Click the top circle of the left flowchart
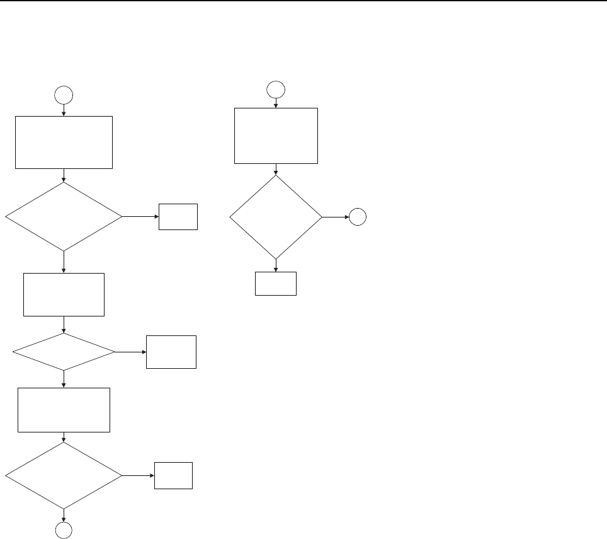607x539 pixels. tap(64, 95)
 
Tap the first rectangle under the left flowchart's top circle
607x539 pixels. tap(64, 142)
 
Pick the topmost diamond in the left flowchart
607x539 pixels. tap(64, 217)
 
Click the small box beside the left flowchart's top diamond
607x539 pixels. tap(178, 217)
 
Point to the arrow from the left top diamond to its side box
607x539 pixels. tap(140, 217)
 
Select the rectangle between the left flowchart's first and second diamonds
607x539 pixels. tap(64, 294)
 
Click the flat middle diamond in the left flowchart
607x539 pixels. tap(64, 352)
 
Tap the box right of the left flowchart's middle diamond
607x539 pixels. tap(171, 352)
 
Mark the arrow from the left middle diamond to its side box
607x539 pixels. tap(131, 352)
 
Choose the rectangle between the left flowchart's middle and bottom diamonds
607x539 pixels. tap(64, 410)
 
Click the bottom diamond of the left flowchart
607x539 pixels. tap(64, 475)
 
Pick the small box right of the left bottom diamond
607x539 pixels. tap(174, 475)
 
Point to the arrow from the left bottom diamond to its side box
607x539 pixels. tap(139, 475)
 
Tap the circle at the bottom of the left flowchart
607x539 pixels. tap(64, 531)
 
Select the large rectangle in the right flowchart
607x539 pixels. tap(276, 136)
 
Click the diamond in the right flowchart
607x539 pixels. tap(276, 217)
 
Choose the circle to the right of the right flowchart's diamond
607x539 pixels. tap(358, 217)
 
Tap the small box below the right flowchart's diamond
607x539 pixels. tap(275, 284)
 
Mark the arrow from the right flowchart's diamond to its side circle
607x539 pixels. tap(336, 217)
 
